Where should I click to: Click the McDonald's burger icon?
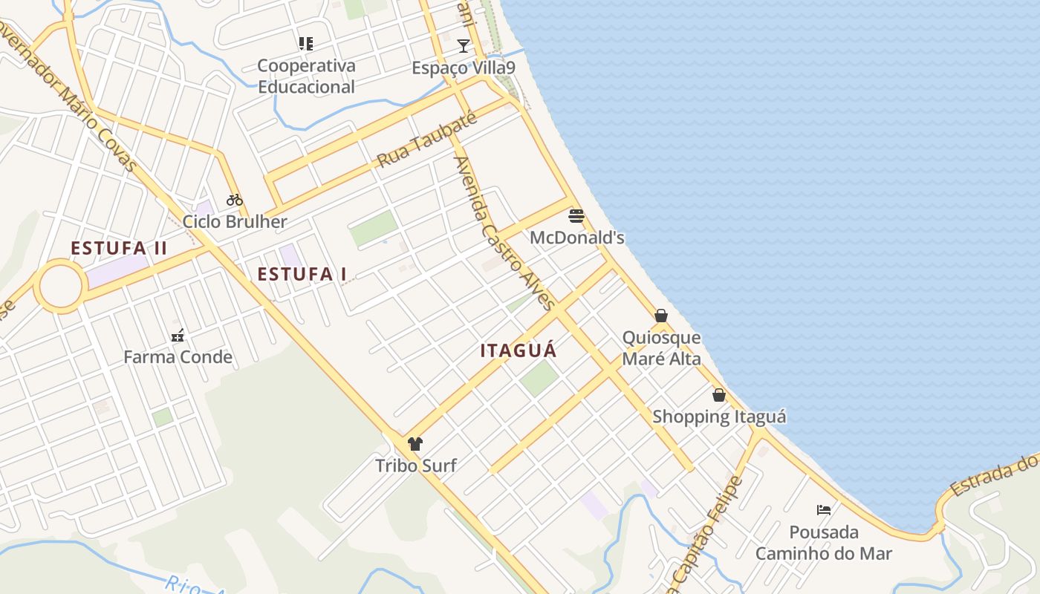pyautogui.click(x=576, y=216)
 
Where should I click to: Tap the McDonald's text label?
pyautogui.click(x=577, y=238)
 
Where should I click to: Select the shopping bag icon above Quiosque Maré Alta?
pyautogui.click(x=661, y=316)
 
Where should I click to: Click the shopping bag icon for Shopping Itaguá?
pyautogui.click(x=719, y=395)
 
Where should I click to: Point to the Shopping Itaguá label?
pyautogui.click(x=719, y=417)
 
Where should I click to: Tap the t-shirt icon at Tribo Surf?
pyautogui.click(x=415, y=444)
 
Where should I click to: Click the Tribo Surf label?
pyautogui.click(x=416, y=466)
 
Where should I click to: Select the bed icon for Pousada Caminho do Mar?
pyautogui.click(x=824, y=509)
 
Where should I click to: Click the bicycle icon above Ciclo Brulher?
pyautogui.click(x=235, y=199)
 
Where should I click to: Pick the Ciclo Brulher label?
pyautogui.click(x=235, y=221)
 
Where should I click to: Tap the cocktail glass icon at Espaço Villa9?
pyautogui.click(x=464, y=46)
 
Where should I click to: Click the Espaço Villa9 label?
pyautogui.click(x=464, y=68)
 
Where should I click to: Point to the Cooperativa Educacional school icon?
pyautogui.click(x=306, y=44)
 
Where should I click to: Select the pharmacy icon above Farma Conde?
pyautogui.click(x=178, y=336)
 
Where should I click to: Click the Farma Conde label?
pyautogui.click(x=178, y=357)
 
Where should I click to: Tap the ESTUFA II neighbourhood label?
pyautogui.click(x=119, y=248)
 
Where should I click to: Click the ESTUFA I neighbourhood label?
pyautogui.click(x=302, y=274)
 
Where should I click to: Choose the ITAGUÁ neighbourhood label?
pyautogui.click(x=519, y=350)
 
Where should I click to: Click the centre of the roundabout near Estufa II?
pyautogui.click(x=60, y=286)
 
